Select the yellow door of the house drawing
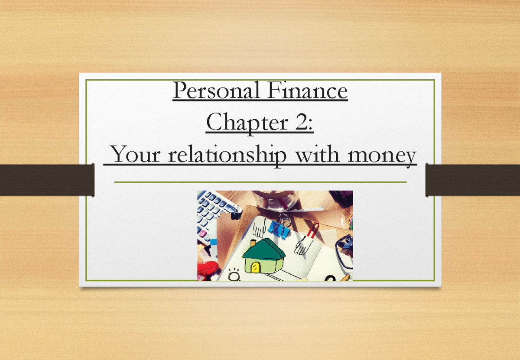255,268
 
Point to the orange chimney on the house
253,243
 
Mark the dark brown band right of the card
473,179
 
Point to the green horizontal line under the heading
260,182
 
